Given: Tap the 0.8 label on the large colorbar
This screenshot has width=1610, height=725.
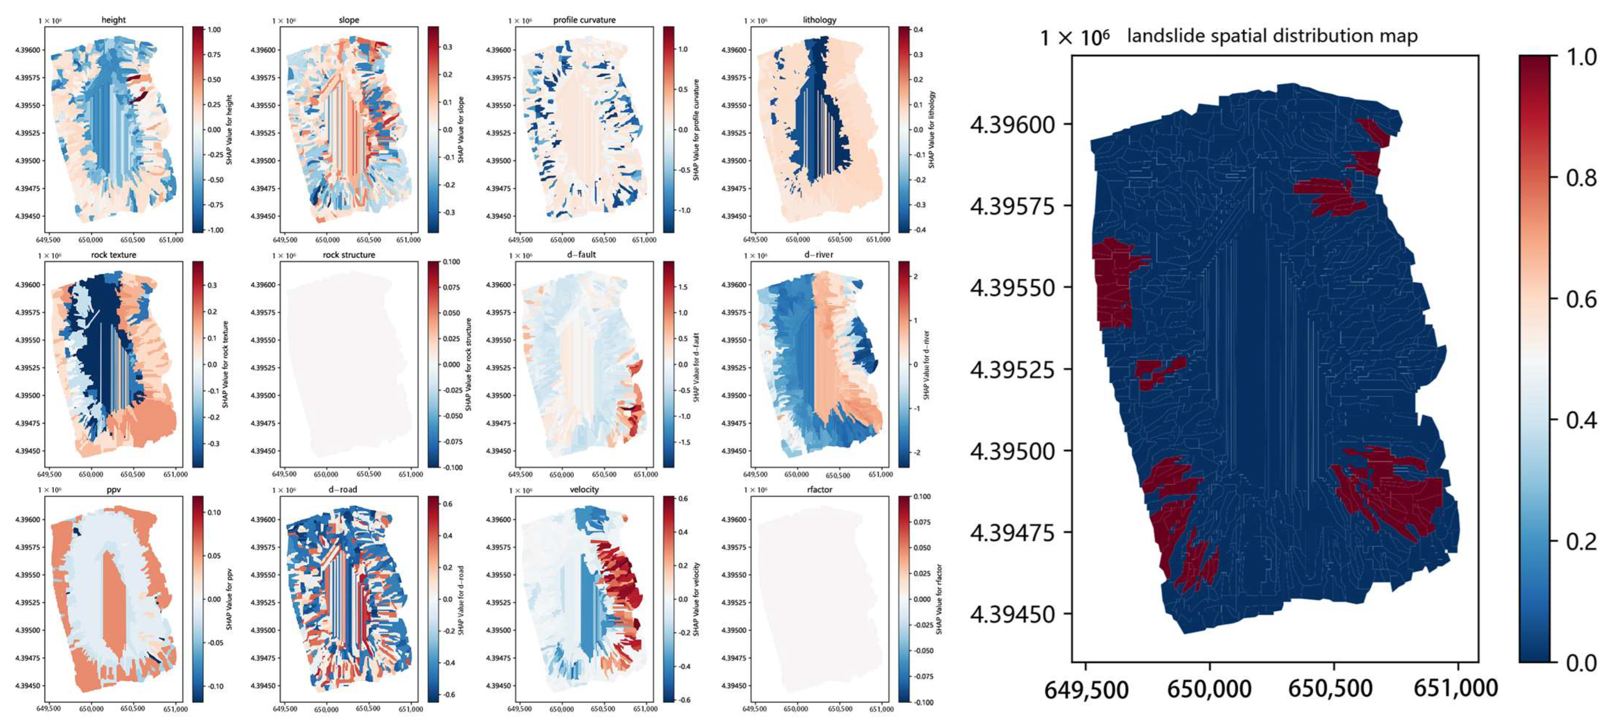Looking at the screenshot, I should point(1581,178).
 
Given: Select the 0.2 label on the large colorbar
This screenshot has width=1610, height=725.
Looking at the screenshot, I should point(1581,541).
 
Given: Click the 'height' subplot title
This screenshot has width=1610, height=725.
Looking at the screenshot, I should point(113,20).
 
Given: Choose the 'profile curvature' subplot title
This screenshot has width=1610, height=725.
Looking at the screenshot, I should point(584,20).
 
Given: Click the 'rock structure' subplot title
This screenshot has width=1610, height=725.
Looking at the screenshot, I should point(349,255).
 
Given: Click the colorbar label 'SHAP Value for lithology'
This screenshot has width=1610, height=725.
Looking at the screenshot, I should point(931,129).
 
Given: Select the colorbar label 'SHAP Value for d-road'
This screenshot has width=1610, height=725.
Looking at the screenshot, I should point(461,600).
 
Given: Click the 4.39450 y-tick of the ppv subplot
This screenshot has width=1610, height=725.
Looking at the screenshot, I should point(27,686).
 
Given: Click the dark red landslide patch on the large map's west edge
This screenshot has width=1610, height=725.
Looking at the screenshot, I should point(1112,284).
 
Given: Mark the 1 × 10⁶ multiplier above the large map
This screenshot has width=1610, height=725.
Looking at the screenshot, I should point(1074,38).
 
